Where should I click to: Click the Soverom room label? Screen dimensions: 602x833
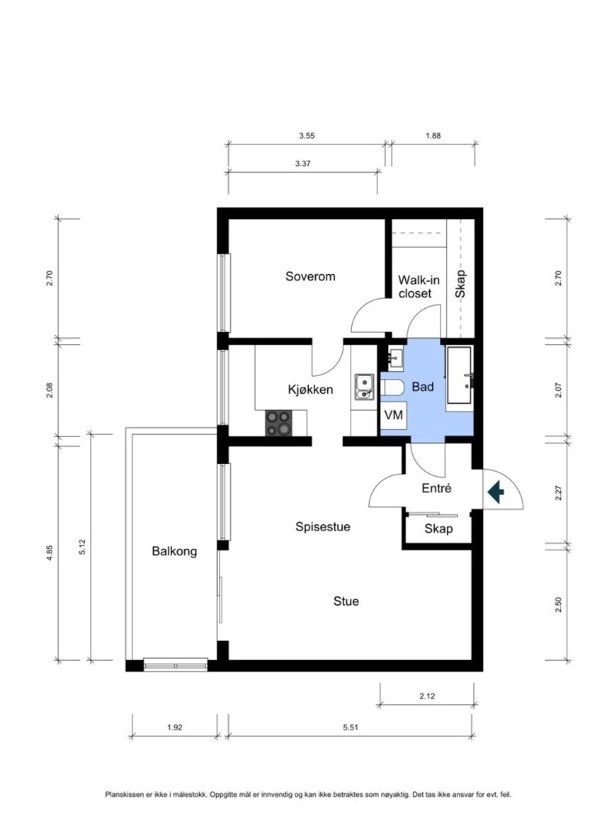(x=310, y=276)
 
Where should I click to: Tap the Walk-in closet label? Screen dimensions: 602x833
(x=419, y=286)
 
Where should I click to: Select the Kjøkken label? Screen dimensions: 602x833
(x=310, y=390)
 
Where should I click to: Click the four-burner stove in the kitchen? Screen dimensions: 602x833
(x=279, y=424)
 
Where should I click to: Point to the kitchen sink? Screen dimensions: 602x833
(x=364, y=387)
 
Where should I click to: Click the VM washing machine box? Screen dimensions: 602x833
(x=394, y=414)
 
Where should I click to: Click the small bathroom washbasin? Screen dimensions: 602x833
(x=395, y=358)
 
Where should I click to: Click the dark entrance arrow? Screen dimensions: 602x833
(x=496, y=492)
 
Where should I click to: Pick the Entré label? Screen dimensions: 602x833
(x=436, y=487)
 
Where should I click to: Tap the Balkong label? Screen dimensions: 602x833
(x=174, y=551)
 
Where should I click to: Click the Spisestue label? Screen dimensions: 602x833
(x=323, y=527)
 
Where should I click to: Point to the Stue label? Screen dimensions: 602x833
(x=346, y=601)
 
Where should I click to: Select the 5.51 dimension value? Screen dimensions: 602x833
(x=351, y=727)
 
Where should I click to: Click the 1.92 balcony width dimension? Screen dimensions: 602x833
(x=175, y=727)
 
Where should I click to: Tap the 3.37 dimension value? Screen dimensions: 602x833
(x=303, y=164)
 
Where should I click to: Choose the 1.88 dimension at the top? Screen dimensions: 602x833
(x=433, y=135)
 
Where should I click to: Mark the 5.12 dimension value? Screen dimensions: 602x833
(x=82, y=547)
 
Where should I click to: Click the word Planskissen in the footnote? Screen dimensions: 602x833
(x=122, y=795)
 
